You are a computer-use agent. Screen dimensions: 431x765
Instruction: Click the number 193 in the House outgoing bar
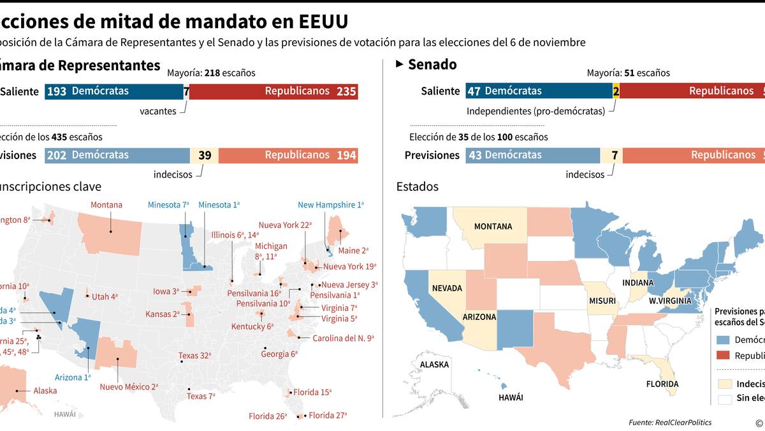coord(57,91)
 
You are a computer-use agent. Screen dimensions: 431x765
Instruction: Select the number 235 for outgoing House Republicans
coord(346,91)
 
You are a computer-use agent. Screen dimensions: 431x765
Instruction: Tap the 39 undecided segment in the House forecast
coord(205,155)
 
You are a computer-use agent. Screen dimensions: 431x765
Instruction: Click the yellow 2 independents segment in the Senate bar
coord(616,91)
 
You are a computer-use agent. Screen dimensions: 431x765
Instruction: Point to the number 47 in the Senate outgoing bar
coord(474,91)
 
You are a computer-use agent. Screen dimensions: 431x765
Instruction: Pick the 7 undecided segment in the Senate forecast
coord(615,155)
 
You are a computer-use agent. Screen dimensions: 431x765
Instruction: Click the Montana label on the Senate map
coord(493,227)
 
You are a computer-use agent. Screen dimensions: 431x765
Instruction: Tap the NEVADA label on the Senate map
coord(447,288)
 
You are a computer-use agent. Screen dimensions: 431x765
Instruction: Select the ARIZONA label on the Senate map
coord(479,317)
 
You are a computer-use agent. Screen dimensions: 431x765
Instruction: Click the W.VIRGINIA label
coord(671,300)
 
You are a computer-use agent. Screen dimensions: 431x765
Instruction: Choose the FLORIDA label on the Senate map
coord(662,384)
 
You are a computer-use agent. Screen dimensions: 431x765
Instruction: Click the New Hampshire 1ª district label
coord(330,205)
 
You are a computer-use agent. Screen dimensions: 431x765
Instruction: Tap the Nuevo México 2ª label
coord(129,386)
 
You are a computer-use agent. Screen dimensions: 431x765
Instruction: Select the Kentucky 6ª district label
coord(252,326)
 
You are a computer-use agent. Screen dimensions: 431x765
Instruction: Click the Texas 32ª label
coord(194,356)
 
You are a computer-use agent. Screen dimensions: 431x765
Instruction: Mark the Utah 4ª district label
coord(105,296)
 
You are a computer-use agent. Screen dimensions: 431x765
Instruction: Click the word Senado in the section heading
coord(432,64)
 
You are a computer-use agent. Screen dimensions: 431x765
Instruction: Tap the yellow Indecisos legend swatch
coord(725,384)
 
